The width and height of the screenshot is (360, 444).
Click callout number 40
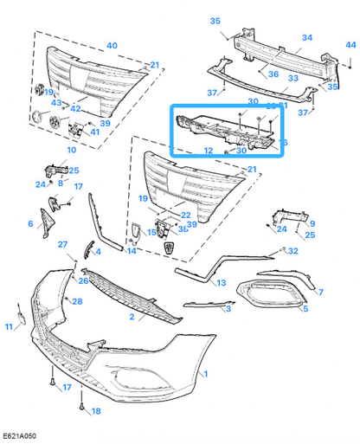click(x=112, y=45)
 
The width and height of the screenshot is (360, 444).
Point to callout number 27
click(x=62, y=245)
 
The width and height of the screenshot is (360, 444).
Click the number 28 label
click(x=78, y=301)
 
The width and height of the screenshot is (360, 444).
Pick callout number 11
click(x=10, y=326)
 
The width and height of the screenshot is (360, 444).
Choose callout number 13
click(x=222, y=283)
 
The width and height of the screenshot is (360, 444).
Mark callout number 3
click(x=228, y=307)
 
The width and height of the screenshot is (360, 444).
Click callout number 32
click(x=294, y=251)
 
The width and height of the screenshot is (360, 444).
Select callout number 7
click(x=320, y=293)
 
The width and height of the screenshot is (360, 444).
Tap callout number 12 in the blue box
click(x=208, y=151)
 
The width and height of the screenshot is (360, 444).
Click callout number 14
click(x=132, y=251)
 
